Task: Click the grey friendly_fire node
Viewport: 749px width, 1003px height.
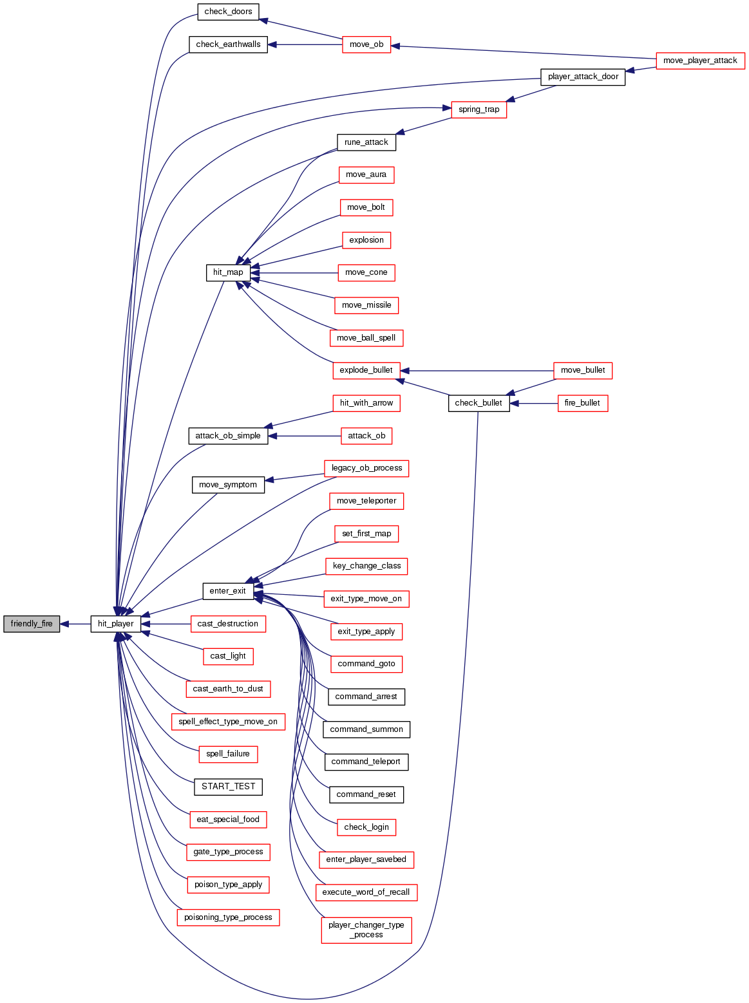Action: pos(32,624)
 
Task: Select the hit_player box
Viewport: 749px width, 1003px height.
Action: pos(116,624)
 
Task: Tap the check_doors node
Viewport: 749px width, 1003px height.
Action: pos(228,12)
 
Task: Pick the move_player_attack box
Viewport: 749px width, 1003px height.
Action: pos(700,61)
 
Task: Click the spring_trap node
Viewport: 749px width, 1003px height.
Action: pos(479,109)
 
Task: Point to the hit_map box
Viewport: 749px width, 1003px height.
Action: pos(228,272)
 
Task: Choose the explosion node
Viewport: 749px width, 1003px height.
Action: pos(366,240)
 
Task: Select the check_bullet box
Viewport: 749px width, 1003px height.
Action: pos(479,403)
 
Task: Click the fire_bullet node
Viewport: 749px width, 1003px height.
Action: pos(582,403)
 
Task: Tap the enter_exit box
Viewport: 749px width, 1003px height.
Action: pos(228,591)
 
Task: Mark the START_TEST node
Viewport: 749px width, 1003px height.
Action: pos(228,787)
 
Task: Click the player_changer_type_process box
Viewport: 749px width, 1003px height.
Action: pos(366,930)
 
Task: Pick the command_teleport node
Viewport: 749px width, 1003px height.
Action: pos(366,762)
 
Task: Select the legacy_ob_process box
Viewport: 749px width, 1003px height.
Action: pos(366,468)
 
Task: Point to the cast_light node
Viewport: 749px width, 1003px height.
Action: pos(228,656)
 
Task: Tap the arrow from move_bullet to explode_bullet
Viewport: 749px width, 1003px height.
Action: pos(477,371)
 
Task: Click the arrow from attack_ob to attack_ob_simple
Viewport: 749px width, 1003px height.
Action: pos(303,436)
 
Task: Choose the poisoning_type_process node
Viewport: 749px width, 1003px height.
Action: pos(228,917)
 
